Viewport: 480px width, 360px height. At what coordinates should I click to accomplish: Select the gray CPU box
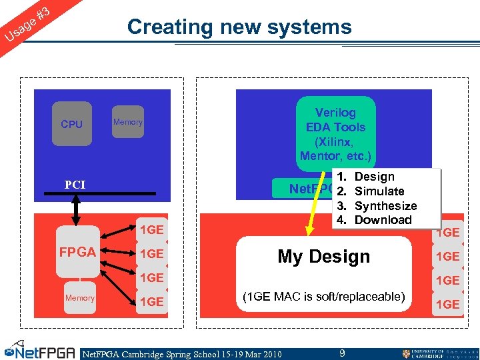(71, 124)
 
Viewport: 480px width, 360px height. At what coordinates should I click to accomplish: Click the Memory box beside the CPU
(127, 122)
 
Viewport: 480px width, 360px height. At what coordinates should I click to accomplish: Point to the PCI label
(75, 185)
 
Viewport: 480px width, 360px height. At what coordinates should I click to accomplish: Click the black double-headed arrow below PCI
(77, 210)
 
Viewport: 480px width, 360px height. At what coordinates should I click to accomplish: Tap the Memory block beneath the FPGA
(79, 298)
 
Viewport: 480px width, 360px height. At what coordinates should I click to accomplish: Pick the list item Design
(374, 177)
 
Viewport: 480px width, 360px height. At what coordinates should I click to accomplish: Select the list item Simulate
(379, 191)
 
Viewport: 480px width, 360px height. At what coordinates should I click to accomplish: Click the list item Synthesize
(385, 206)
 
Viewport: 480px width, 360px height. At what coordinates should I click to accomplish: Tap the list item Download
(383, 220)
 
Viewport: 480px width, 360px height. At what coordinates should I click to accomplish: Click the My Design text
(323, 257)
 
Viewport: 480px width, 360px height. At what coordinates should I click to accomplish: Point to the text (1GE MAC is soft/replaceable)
(323, 296)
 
